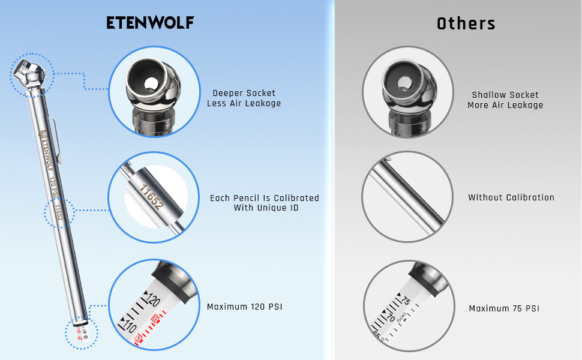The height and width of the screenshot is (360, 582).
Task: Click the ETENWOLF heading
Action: pos(150,23)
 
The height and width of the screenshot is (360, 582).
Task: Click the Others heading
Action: pos(466,24)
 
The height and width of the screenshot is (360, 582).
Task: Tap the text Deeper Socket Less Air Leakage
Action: pos(244,98)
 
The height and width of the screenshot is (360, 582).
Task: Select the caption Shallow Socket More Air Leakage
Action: pos(505,100)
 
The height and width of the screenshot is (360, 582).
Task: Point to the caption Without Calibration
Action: pos(511,197)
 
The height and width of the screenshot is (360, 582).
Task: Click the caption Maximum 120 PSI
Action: pos(244,307)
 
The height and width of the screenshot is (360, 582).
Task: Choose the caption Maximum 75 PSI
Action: pos(504,309)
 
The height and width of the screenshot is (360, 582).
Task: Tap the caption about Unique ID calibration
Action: pos(264,203)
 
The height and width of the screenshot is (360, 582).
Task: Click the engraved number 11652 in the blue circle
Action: pos(151,197)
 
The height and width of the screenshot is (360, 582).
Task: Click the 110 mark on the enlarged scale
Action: pos(130,326)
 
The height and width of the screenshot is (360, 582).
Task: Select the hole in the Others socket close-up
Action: pos(406,82)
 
